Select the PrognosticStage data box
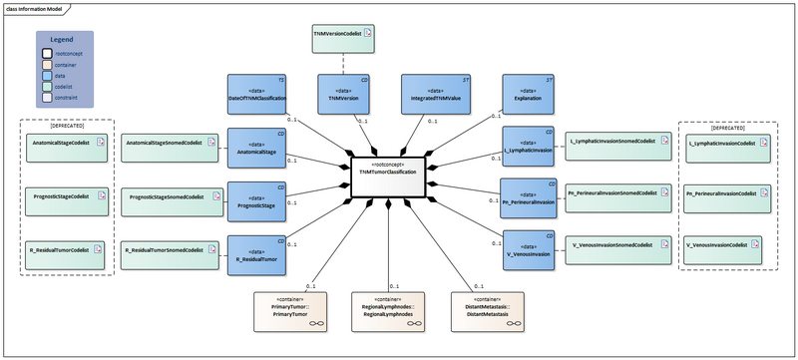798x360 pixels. tap(257, 199)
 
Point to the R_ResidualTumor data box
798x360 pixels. tap(257, 252)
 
